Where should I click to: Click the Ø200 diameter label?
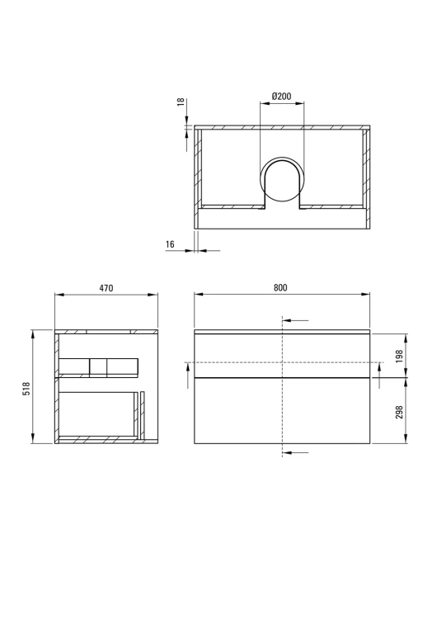(x=282, y=96)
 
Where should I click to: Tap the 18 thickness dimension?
(x=181, y=102)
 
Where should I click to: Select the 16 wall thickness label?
(x=170, y=244)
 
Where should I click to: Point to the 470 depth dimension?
(x=106, y=288)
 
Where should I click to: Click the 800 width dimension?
(x=280, y=288)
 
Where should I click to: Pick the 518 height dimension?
(x=26, y=389)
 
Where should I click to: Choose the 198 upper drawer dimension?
(x=399, y=356)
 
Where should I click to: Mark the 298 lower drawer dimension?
(x=399, y=412)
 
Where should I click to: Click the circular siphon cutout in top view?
(x=282, y=180)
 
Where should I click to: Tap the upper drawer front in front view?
(x=282, y=355)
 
